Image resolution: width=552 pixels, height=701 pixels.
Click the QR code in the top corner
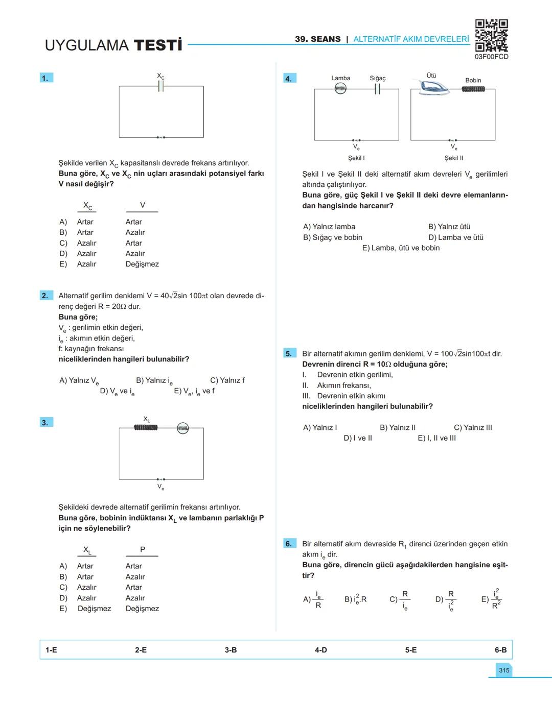pos(491,35)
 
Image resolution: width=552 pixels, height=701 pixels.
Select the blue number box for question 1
pos(46,78)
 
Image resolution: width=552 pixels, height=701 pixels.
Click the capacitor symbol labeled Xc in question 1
pos(160,86)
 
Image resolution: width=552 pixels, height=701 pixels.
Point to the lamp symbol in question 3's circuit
pos(182,428)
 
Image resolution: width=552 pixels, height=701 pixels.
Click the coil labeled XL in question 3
pos(146,427)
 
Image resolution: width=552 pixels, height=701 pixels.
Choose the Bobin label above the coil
pos(473,80)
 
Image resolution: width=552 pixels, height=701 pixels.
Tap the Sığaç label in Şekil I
pos(378,78)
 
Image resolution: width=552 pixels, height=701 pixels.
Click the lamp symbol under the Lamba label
pos(340,89)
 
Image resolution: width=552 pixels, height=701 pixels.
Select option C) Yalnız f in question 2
pos(227,380)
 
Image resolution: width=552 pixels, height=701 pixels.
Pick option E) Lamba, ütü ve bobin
pos(401,248)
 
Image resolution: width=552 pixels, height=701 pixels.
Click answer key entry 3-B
pos(231,650)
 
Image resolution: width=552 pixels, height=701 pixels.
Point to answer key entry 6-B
pos(500,650)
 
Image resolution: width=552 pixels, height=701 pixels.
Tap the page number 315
pos(504,670)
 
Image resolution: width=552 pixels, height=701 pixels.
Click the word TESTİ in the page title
pos(158,45)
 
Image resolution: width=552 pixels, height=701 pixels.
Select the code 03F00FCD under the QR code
pos(491,57)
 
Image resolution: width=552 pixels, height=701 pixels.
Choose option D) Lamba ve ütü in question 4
pos(456,237)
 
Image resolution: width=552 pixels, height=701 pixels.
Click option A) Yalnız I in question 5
pos(320,428)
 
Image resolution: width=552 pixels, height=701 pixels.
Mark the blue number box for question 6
pos(289,544)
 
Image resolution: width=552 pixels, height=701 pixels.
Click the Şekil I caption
pos(356,158)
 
